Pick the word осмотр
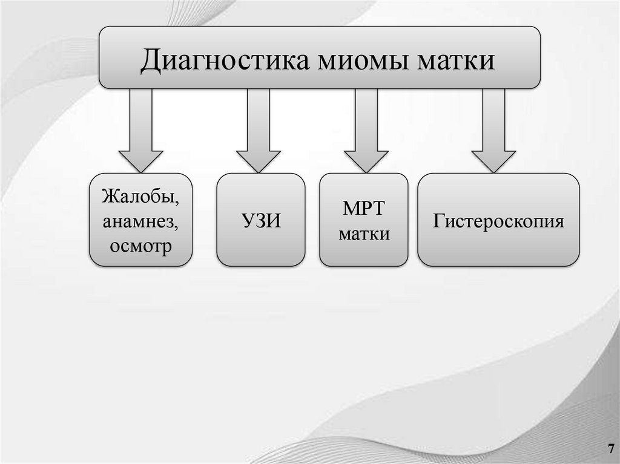[x=141, y=246]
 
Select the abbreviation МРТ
[x=364, y=209]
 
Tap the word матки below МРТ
[x=364, y=234]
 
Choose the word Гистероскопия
[x=498, y=221]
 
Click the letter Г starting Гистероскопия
[x=437, y=221]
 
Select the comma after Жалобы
[x=177, y=203]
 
